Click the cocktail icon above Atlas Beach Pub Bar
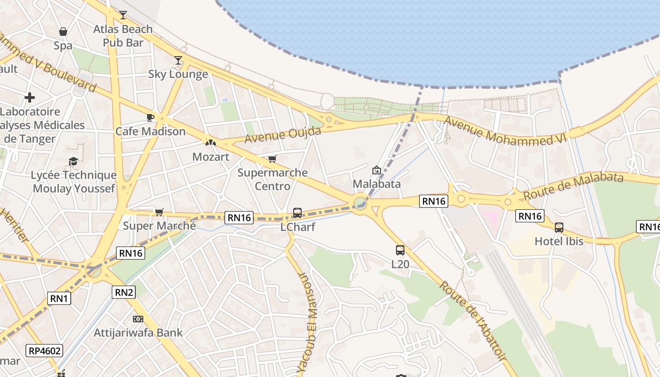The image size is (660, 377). pyautogui.click(x=123, y=15)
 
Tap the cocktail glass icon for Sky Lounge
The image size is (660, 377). pyautogui.click(x=178, y=60)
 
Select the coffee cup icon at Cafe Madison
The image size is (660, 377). pyautogui.click(x=150, y=117)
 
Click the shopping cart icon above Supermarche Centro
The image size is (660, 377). pyautogui.click(x=272, y=159)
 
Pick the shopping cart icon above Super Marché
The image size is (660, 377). pyautogui.click(x=159, y=212)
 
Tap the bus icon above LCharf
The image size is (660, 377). pyautogui.click(x=297, y=213)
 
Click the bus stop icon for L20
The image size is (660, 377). pyautogui.click(x=400, y=250)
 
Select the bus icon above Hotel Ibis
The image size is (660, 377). pyautogui.click(x=559, y=228)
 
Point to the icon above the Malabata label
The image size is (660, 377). pyautogui.click(x=377, y=170)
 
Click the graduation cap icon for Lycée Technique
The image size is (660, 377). pyautogui.click(x=73, y=162)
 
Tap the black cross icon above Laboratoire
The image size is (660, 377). pyautogui.click(x=30, y=98)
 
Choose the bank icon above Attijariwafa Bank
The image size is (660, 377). pyautogui.click(x=138, y=319)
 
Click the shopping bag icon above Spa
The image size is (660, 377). pyautogui.click(x=63, y=32)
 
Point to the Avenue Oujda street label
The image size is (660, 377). pyautogui.click(x=283, y=134)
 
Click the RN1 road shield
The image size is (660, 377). pyautogui.click(x=59, y=298)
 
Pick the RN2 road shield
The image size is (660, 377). pyautogui.click(x=124, y=292)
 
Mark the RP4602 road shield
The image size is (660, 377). pyautogui.click(x=45, y=351)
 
